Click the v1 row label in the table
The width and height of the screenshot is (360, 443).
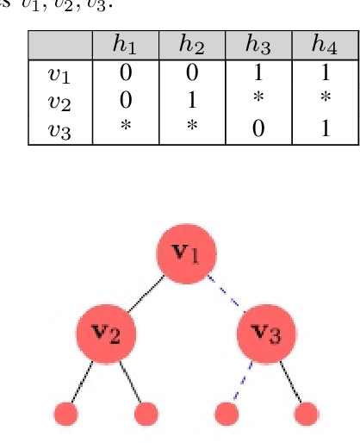[x=60, y=73]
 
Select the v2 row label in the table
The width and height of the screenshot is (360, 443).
[x=60, y=102]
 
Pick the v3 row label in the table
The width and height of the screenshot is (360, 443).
[x=60, y=130]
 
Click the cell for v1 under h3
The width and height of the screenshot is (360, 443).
[x=258, y=73]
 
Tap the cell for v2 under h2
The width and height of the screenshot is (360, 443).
[x=192, y=102]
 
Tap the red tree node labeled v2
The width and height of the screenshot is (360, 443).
[x=105, y=333]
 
